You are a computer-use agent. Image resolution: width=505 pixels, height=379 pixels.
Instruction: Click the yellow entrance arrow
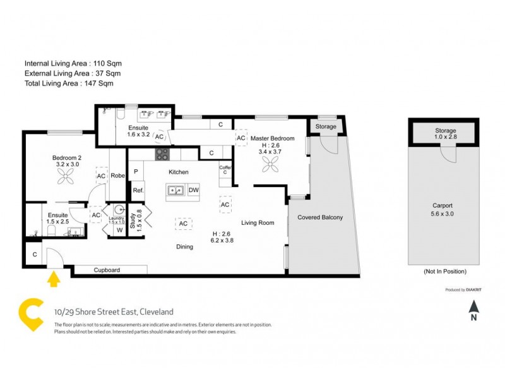[x=54, y=279]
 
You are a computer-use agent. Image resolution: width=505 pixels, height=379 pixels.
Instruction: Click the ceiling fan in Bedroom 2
[x=67, y=177]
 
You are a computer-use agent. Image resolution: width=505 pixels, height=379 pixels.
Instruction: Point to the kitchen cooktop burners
[x=163, y=153]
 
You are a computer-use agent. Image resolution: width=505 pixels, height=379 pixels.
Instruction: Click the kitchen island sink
[x=175, y=189]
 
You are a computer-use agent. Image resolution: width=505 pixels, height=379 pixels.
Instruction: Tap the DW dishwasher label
[x=193, y=190]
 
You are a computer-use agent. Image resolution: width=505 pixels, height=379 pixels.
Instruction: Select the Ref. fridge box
[x=138, y=189]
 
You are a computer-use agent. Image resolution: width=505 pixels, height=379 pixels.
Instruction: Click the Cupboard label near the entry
[x=107, y=270]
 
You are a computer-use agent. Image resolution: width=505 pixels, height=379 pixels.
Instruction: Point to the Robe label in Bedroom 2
[x=118, y=176]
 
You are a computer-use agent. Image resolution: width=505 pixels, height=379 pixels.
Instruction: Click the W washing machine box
[x=119, y=230]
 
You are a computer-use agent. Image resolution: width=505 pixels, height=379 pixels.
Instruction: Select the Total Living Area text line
[x=68, y=83]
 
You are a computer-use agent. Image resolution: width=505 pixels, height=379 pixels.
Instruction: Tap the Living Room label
[x=258, y=222]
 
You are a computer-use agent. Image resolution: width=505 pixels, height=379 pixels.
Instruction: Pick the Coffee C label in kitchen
[x=225, y=170]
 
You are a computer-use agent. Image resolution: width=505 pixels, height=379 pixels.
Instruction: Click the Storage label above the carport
[x=446, y=131]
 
